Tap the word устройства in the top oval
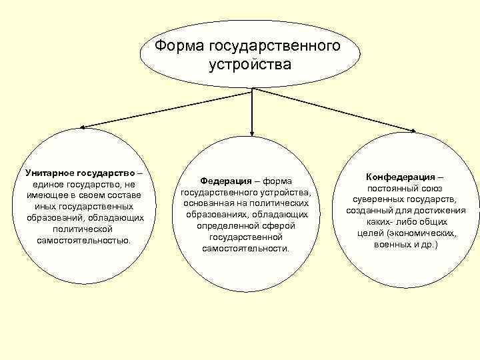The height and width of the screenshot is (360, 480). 250,65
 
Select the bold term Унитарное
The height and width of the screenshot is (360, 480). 48,172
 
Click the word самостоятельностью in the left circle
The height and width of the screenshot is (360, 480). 84,239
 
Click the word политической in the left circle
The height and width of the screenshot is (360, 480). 84,228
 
